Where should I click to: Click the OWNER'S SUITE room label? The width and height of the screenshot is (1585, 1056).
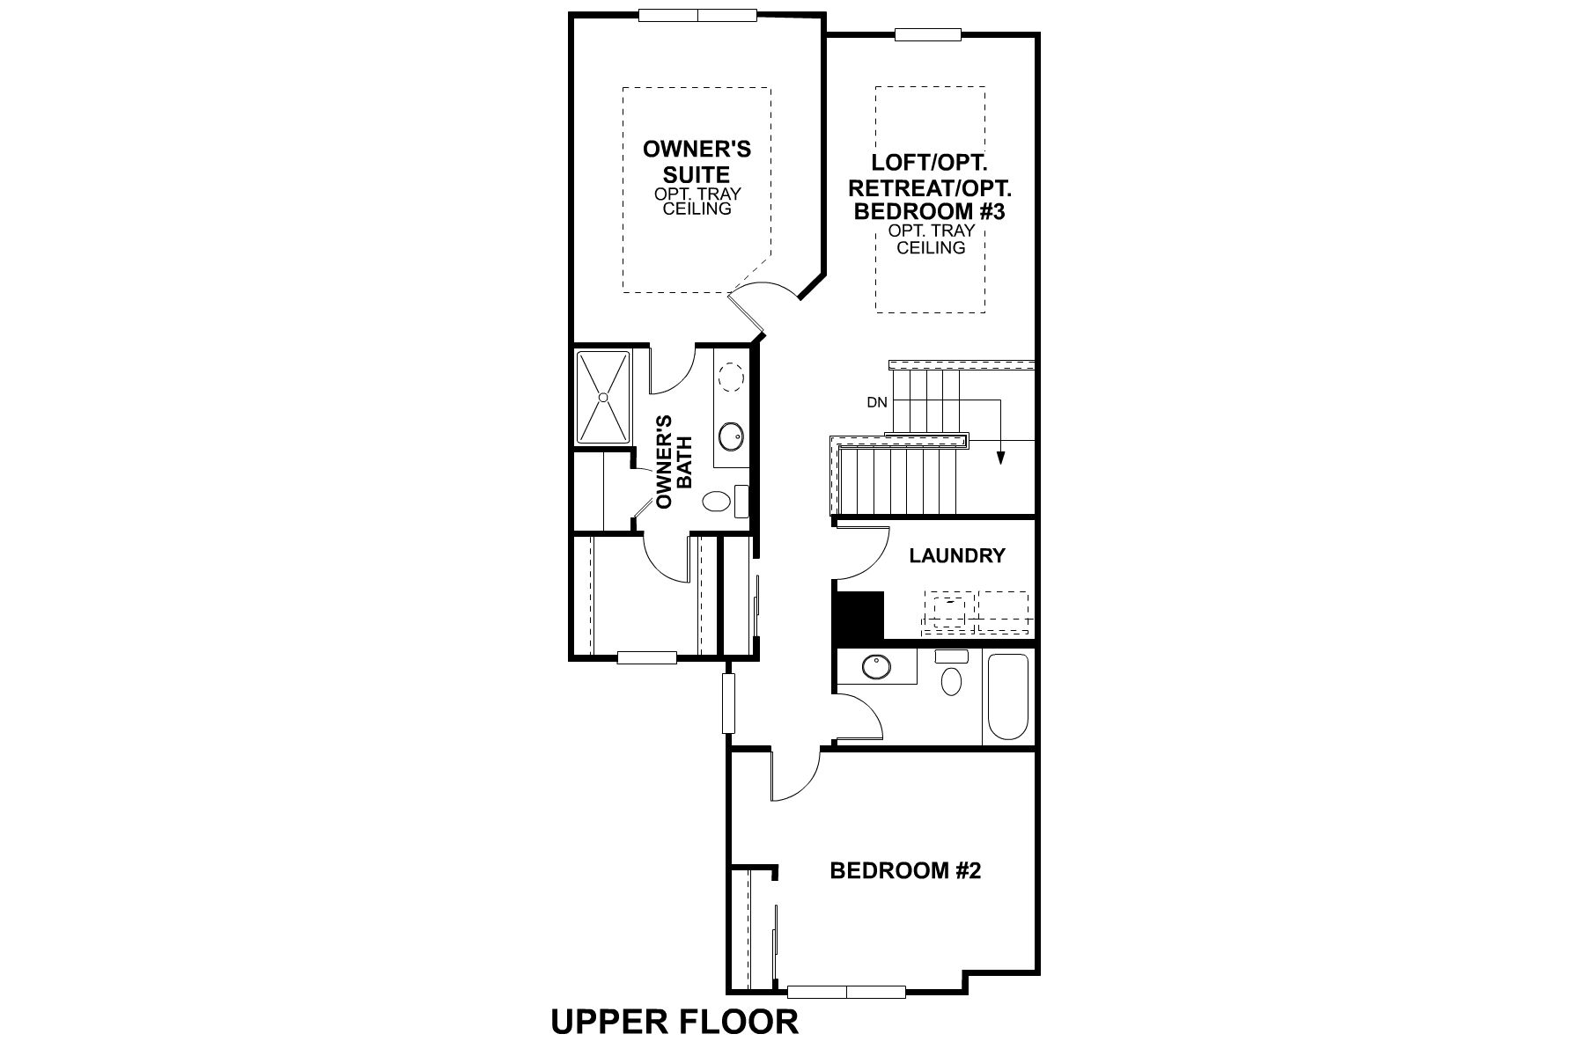[697, 161]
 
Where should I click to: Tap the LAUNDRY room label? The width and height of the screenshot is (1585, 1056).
[957, 556]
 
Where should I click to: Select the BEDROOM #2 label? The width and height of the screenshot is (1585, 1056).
[905, 871]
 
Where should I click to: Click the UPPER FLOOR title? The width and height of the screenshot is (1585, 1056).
[675, 1022]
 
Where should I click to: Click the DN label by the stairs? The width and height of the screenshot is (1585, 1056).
[876, 403]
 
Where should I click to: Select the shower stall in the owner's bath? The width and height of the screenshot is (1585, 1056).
[603, 398]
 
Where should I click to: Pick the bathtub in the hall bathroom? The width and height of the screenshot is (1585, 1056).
[1008, 696]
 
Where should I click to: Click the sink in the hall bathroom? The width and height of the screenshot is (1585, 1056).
[875, 666]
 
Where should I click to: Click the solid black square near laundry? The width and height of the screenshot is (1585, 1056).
[858, 615]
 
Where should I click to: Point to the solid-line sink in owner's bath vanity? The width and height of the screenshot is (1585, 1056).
[731, 435]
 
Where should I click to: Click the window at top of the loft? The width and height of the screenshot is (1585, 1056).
[927, 34]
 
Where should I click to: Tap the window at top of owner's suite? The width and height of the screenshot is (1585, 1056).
[697, 14]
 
